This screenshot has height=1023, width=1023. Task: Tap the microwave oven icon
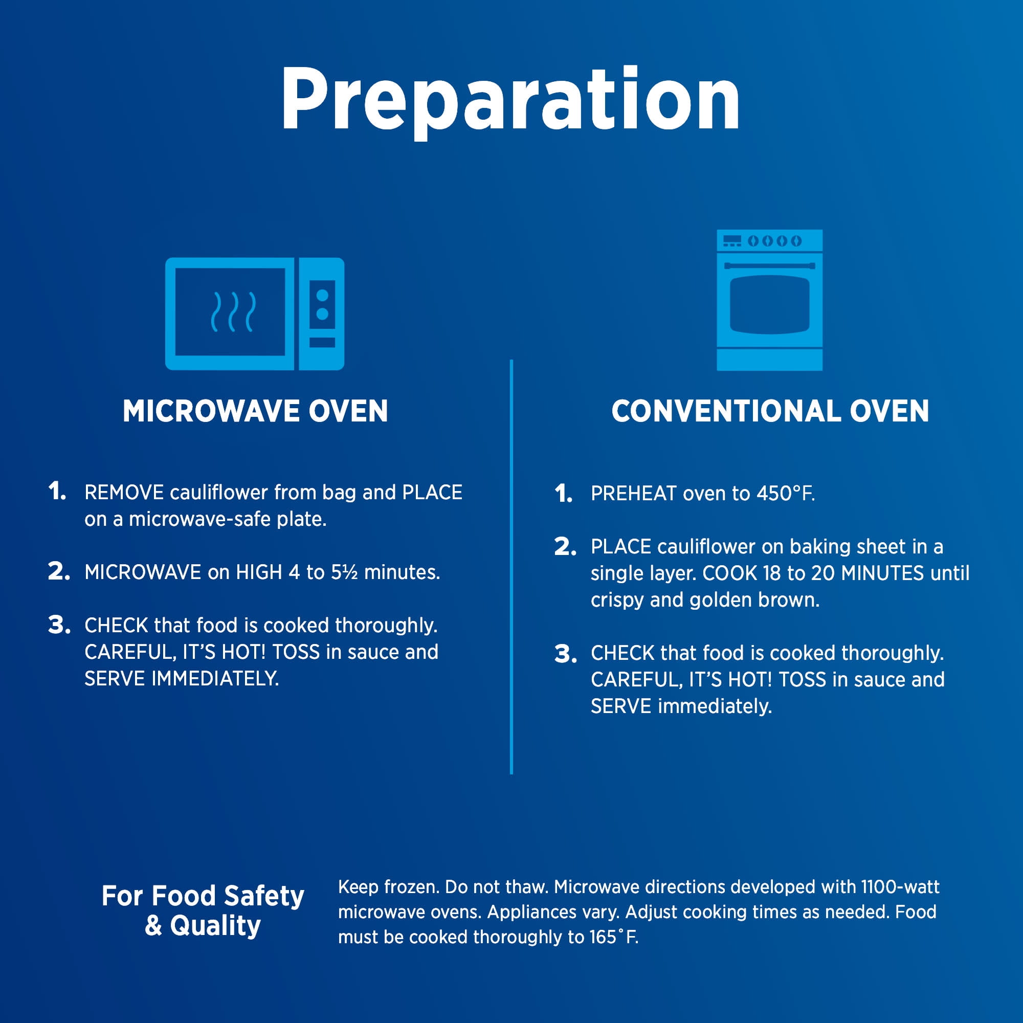pos(255,314)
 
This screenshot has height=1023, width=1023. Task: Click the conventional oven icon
pos(769,300)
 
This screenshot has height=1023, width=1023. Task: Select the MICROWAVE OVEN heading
pos(255,411)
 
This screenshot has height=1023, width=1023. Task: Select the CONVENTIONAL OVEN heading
pos(770,411)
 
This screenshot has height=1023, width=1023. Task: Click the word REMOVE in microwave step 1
pos(124,493)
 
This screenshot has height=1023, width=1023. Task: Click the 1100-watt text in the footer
pos(900,887)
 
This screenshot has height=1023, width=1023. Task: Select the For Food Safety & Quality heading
pos(203,911)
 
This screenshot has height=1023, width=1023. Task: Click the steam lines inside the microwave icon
pos(234,312)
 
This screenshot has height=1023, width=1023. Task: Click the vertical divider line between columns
pos(511,567)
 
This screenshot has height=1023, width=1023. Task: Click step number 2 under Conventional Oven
pos(566,547)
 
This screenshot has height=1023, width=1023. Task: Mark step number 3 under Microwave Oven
pos(59,626)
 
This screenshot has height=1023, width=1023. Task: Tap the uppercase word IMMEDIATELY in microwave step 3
pos(215,679)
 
